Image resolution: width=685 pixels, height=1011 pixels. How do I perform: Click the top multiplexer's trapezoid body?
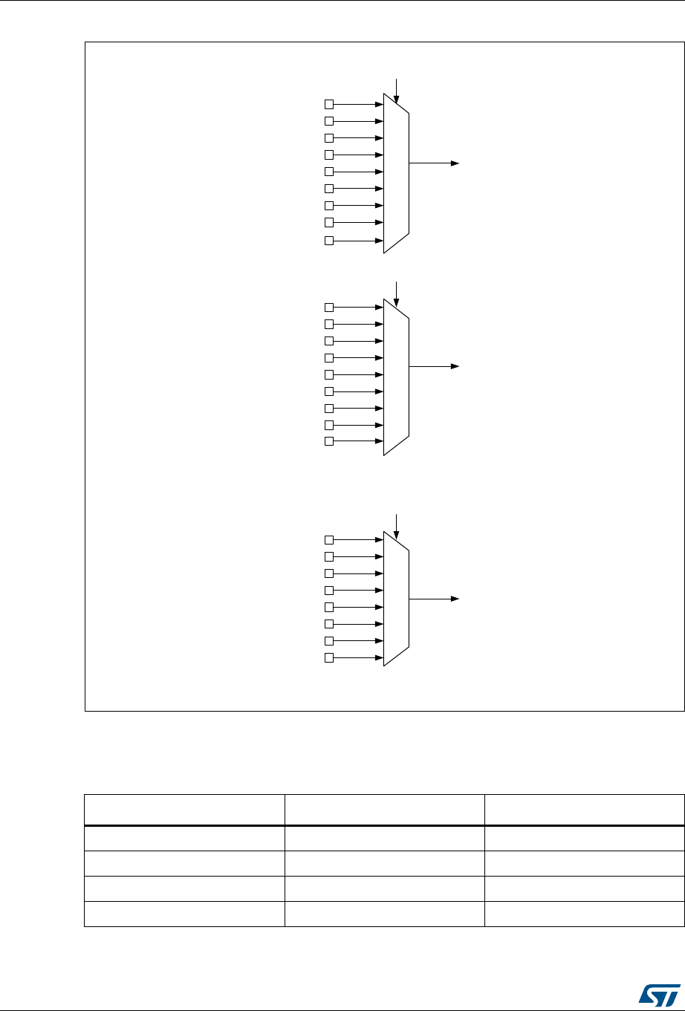[396, 172]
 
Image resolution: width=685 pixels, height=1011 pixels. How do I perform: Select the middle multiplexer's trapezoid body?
[396, 377]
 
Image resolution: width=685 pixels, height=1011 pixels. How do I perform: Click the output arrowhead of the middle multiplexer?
[455, 366]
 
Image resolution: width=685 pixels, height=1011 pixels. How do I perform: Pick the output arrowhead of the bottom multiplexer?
[455, 598]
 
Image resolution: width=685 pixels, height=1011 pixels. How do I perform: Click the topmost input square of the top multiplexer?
[330, 104]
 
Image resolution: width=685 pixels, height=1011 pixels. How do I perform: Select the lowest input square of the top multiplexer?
[330, 241]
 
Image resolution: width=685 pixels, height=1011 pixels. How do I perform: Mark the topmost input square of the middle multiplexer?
[330, 308]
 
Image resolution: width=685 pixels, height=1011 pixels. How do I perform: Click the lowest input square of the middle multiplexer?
[330, 441]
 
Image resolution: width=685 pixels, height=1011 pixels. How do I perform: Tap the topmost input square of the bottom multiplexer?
[330, 540]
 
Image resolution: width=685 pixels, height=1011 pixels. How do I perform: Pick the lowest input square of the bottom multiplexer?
[330, 658]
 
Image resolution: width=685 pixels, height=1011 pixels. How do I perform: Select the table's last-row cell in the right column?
[583, 914]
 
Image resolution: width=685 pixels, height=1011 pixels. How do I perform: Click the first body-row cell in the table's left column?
[184, 838]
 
